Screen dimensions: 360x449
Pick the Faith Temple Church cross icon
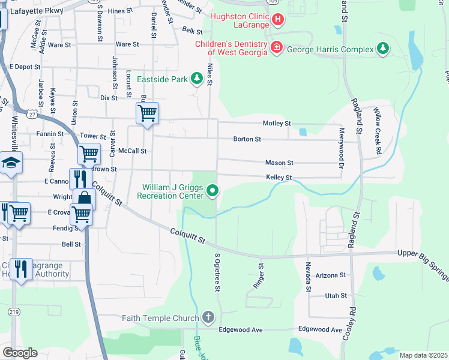[x=208, y=317]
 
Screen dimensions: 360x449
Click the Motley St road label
[x=277, y=124]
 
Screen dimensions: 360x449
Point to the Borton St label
[x=247, y=139]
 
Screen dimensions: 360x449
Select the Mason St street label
[x=279, y=163]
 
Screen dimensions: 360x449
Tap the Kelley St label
[x=279, y=178]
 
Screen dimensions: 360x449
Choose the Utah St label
[x=336, y=296]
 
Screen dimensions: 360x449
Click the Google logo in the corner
[x=20, y=352]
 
